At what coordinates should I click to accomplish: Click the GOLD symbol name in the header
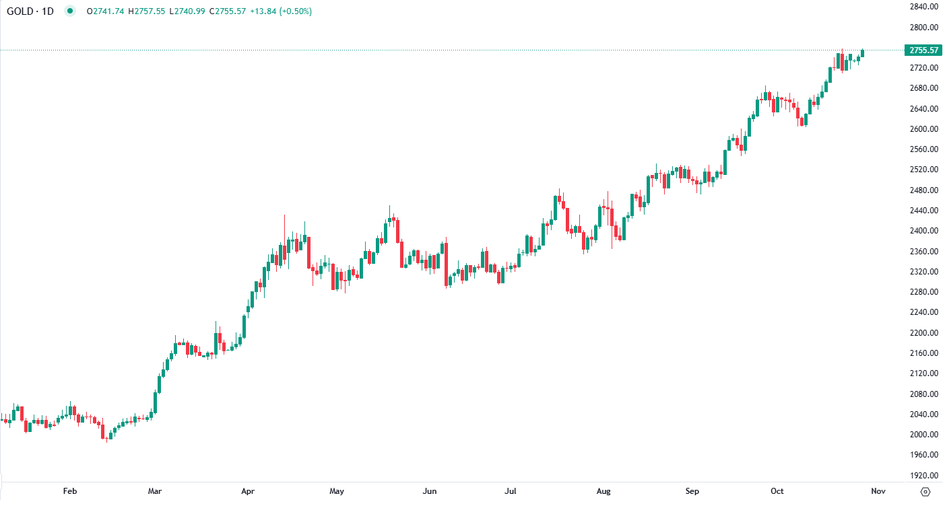pyautogui.click(x=20, y=11)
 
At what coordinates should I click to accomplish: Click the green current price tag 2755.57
pyautogui.click(x=923, y=50)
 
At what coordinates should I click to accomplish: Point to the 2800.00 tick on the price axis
pyautogui.click(x=923, y=27)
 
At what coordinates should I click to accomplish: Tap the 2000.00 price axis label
pyautogui.click(x=923, y=435)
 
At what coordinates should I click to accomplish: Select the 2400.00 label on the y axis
pyautogui.click(x=923, y=231)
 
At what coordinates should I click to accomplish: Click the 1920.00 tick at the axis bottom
pyautogui.click(x=923, y=475)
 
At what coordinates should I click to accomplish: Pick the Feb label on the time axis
pyautogui.click(x=70, y=491)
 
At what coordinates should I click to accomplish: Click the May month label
pyautogui.click(x=337, y=491)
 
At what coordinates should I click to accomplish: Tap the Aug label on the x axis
pyautogui.click(x=603, y=491)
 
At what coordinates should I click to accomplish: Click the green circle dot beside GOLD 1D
pyautogui.click(x=70, y=11)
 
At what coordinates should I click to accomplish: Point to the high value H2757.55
pyautogui.click(x=146, y=11)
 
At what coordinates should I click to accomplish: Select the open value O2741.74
pyautogui.click(x=106, y=11)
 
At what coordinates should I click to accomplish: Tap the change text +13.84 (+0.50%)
pyautogui.click(x=281, y=11)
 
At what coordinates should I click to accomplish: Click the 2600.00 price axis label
pyautogui.click(x=923, y=129)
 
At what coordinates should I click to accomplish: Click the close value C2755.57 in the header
pyautogui.click(x=229, y=11)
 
